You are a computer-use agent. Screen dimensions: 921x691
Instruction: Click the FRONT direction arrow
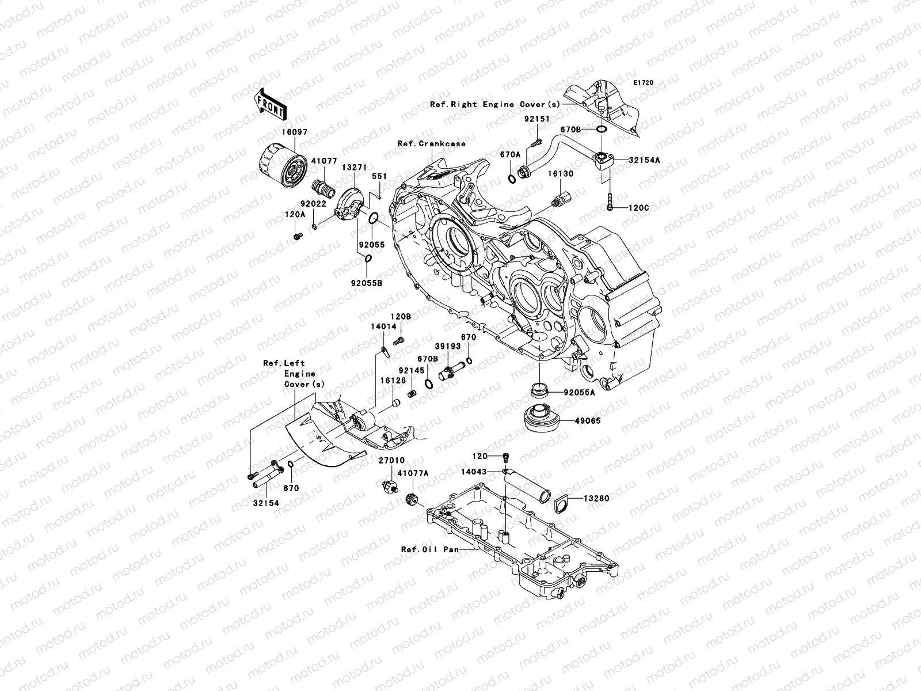click(270, 104)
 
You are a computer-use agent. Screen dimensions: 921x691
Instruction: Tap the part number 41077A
click(413, 473)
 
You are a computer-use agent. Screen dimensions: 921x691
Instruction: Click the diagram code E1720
click(643, 83)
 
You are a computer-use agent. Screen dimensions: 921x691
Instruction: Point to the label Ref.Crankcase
click(431, 143)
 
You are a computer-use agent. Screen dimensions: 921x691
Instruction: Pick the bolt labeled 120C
click(610, 202)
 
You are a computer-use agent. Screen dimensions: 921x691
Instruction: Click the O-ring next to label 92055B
click(368, 259)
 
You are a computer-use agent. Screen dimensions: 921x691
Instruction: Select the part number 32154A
click(644, 160)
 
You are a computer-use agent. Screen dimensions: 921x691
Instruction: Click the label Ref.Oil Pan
click(429, 549)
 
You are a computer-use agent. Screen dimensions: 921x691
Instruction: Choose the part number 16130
click(561, 174)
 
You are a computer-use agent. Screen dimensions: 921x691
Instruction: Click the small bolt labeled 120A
click(298, 237)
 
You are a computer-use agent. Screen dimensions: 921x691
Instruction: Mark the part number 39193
click(448, 346)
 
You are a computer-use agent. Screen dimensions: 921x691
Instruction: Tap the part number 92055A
click(580, 392)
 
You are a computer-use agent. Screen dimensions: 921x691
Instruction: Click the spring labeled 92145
click(413, 394)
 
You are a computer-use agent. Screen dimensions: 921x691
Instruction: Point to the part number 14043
click(474, 472)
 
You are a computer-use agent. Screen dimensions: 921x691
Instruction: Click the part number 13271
click(354, 167)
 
